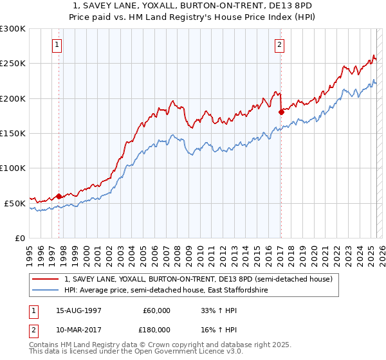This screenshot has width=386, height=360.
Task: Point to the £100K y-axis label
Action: tap(13, 168)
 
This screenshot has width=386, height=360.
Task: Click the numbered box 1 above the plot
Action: tap(58, 45)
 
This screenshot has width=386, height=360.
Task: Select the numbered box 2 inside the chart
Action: tap(280, 45)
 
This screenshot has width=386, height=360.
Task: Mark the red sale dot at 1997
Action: tap(59, 196)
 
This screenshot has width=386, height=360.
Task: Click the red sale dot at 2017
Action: tap(281, 112)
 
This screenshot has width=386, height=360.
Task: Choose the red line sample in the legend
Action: tap(46, 280)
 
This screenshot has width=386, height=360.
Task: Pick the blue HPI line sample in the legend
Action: tap(46, 291)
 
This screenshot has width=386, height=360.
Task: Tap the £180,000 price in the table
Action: tap(156, 329)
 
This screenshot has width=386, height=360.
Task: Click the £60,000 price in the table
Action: tap(156, 310)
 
